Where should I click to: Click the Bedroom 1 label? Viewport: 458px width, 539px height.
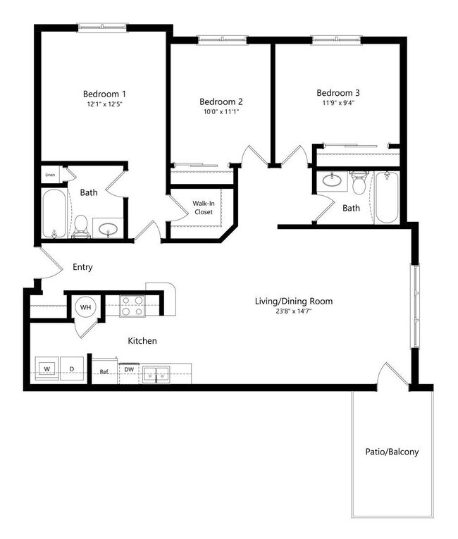(104, 94)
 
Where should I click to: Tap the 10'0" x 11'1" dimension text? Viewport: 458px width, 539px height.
(221, 111)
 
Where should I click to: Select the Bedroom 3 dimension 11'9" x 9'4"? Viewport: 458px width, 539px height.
(337, 104)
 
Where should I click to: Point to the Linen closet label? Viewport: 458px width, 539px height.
(49, 174)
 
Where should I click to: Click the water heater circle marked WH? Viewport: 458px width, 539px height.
(85, 308)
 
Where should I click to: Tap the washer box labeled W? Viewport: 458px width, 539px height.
(47, 368)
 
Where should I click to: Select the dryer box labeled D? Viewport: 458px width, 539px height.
(71, 368)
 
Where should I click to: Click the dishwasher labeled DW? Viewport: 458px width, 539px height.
(129, 369)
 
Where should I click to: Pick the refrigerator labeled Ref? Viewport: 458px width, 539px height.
(104, 371)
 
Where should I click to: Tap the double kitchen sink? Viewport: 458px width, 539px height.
(156, 375)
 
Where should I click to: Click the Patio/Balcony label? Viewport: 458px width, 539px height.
(391, 452)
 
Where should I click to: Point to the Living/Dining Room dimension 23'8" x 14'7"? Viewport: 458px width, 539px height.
(293, 312)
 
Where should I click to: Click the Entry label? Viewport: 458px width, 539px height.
(82, 268)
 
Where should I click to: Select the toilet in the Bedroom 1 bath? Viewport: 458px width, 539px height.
(81, 225)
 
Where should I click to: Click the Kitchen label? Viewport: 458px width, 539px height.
(142, 341)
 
